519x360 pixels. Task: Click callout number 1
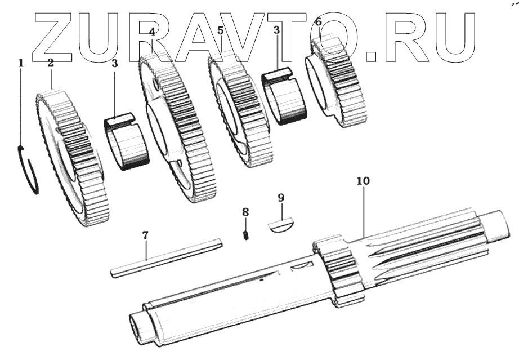tap(21, 63)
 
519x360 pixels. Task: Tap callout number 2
tap(51, 63)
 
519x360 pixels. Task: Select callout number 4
tap(152, 32)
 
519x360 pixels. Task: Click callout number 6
tap(318, 23)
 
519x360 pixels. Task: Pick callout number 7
tap(145, 235)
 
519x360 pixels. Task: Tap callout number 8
tap(245, 212)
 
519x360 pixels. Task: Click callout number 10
tap(363, 181)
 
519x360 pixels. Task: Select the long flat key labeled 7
tap(166, 257)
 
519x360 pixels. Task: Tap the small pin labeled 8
tap(246, 235)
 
